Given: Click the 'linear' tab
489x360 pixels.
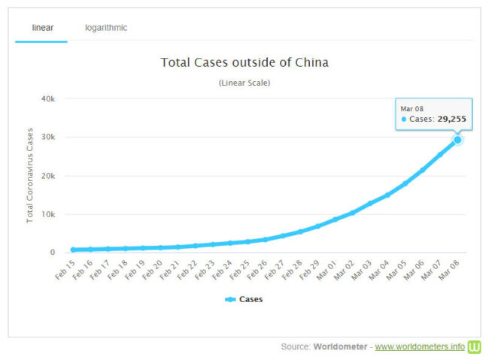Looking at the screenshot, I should pos(41,28).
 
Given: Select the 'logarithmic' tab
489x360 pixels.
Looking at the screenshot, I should pos(106,28).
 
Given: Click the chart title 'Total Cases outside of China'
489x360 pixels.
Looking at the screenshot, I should pos(244,62).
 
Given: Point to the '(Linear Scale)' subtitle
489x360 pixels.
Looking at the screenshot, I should pos(244,83).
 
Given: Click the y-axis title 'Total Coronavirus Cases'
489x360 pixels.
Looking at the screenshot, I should pos(31,175).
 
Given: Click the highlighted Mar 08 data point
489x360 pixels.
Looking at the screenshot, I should pos(457,140).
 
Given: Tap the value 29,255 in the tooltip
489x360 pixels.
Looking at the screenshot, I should pos(450,119).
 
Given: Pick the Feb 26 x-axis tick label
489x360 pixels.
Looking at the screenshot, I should pos(258,268).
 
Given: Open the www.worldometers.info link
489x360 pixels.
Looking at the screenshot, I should pos(419,346).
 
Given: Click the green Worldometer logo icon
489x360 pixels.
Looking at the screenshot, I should pos(475,346).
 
